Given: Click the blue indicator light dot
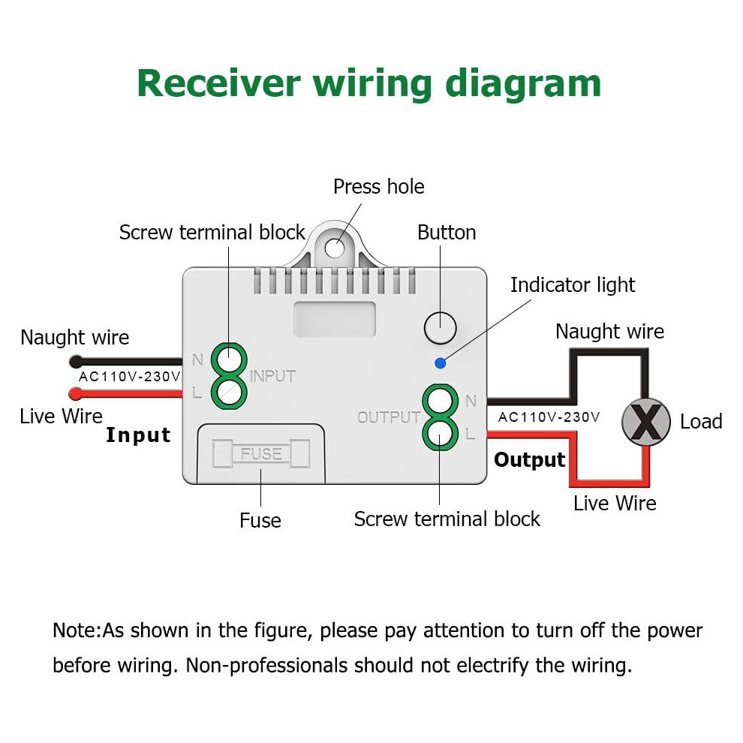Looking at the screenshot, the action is coord(441,363).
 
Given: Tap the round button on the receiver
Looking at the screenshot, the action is coord(441,328).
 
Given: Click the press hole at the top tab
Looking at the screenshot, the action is coord(335,248).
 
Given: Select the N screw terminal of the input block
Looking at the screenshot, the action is coord(229,361).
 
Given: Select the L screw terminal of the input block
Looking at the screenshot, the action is coord(229,393).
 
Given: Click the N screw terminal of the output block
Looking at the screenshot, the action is coord(441,402).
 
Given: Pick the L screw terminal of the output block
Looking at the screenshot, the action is coord(441,433).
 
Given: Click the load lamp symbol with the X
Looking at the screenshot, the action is coord(646,422).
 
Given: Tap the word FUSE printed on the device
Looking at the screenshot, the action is coord(261,453).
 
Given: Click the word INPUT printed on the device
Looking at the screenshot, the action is coord(272,376).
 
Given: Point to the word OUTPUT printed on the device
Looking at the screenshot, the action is coord(389,417).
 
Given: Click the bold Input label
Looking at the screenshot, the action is coord(138,435).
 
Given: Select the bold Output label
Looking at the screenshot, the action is coord(529,459).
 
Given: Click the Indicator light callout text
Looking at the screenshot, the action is coord(573,284).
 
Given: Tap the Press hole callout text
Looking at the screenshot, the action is coord(378,186).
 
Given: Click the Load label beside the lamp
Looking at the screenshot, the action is coord(701,421).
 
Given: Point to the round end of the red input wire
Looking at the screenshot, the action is coord(76,393).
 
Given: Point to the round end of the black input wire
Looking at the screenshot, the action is coord(76,362).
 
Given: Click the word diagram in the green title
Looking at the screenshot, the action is coord(523,84).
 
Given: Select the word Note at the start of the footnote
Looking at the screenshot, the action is coord(75,630).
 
